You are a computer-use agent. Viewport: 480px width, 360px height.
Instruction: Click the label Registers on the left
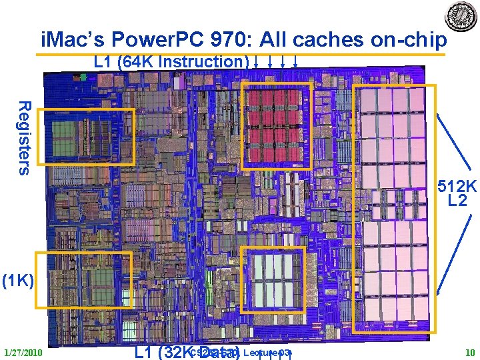24,137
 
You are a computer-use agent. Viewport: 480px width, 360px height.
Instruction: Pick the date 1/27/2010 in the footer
23,352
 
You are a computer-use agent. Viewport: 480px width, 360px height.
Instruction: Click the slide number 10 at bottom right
469,352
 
